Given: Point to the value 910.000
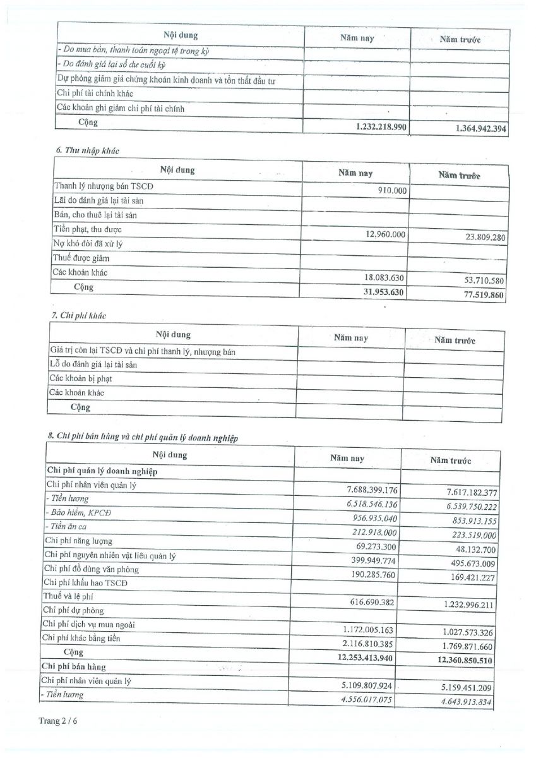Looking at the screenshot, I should [x=392, y=189].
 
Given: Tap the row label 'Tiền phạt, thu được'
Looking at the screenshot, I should [x=88, y=229].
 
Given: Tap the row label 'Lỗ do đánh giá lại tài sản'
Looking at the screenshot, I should [x=93, y=364].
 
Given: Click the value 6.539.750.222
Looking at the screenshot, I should [x=463, y=507].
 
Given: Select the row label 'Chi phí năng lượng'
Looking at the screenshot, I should [x=78, y=541].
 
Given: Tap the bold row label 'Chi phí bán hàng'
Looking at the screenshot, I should [x=73, y=667].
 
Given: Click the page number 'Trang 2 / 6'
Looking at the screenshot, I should [x=59, y=719].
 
